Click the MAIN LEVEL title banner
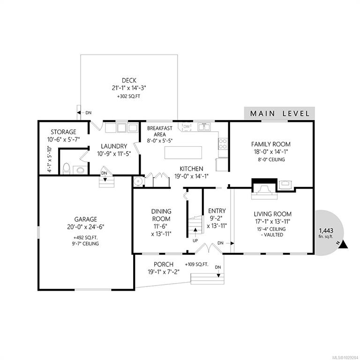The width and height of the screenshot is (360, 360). (x=279, y=113)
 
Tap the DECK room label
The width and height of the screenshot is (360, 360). (x=129, y=81)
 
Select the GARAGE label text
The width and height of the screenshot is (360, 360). (x=86, y=219)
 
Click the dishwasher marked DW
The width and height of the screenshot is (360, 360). (x=187, y=127)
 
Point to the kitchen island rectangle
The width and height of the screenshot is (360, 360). (x=183, y=152)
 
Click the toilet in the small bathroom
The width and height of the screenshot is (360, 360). (x=67, y=169)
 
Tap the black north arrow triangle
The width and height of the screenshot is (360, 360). (x=343, y=245)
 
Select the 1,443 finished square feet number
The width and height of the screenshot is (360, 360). (x=326, y=231)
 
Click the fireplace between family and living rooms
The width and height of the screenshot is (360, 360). (x=264, y=188)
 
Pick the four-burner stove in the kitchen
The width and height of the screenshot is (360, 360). (x=223, y=144)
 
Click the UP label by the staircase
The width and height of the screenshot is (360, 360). (x=195, y=240)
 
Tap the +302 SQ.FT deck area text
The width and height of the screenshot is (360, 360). (x=128, y=97)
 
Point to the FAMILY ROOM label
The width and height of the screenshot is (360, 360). (x=271, y=144)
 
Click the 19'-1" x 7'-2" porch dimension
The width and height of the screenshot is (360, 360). (x=164, y=272)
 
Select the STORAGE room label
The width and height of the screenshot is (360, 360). (x=63, y=132)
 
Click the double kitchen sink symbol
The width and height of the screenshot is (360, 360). (x=204, y=127)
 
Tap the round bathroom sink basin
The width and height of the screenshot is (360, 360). (x=80, y=170)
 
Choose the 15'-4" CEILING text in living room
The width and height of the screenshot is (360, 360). (x=271, y=229)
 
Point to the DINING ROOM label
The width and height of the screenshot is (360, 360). (x=161, y=215)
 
